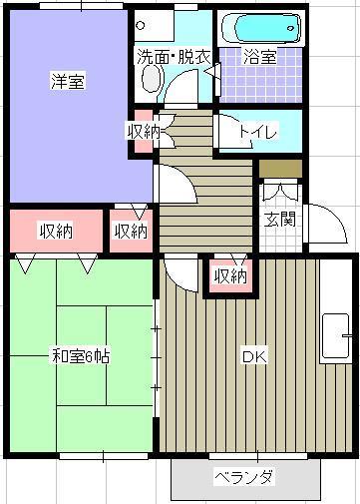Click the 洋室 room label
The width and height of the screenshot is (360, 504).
[68, 83]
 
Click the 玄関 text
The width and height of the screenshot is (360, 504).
[278, 220]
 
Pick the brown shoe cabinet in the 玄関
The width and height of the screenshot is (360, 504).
[278, 167]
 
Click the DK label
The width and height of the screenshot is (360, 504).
[250, 355]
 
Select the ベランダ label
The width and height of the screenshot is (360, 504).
[243, 476]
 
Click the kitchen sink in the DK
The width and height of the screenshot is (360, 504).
[336, 336]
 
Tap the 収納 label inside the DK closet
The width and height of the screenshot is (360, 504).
[229, 276]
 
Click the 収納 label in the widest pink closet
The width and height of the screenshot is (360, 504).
[55, 232]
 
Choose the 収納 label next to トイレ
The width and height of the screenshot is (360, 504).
[143, 130]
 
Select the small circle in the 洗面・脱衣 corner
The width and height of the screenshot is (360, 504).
[141, 25]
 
